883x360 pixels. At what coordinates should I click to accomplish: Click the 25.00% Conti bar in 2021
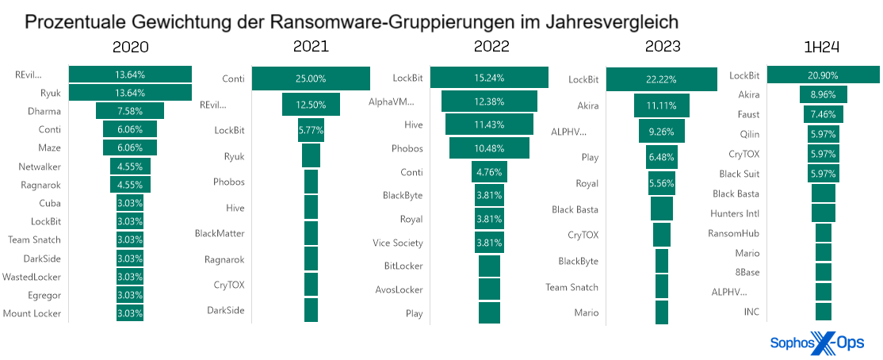coord(311,79)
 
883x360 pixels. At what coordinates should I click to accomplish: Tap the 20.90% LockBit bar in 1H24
coord(823,75)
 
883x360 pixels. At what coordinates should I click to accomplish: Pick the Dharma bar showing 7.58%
coord(130,111)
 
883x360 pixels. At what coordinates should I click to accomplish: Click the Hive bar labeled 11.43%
coord(489,124)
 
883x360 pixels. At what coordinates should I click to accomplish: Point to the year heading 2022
coord(491,47)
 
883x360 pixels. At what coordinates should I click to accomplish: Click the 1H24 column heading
coord(822,47)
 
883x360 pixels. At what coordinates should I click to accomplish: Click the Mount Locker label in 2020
coord(32,313)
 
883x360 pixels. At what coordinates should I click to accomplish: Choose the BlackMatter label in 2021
coord(220,233)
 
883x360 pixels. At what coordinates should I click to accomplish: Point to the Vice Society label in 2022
coord(398,243)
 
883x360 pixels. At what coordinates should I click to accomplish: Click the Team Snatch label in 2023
coord(571,287)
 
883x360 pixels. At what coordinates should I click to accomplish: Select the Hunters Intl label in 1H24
coord(735,213)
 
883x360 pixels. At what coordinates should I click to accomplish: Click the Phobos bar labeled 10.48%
coord(489,148)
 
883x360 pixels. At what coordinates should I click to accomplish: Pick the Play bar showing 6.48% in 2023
coord(661,158)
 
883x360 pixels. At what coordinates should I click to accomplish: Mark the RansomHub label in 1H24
coord(733,233)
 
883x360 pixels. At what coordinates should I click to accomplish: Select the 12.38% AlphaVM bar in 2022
coord(489,101)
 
